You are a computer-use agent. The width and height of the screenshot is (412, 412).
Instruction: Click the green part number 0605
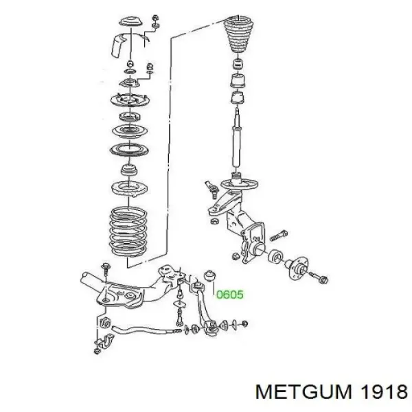coord(230,295)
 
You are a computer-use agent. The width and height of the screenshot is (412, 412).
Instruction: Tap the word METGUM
coord(304,392)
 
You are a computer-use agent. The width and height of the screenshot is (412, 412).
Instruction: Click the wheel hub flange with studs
coord(297,268)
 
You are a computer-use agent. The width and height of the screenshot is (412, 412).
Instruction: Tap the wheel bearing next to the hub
coord(275,257)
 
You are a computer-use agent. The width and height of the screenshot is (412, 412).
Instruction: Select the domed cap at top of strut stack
coord(130,21)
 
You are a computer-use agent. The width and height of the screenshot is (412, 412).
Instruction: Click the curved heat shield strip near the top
coord(117,45)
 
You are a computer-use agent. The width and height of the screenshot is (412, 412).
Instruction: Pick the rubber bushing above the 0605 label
coord(209,276)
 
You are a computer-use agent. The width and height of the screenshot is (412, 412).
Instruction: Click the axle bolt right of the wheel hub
coord(319,277)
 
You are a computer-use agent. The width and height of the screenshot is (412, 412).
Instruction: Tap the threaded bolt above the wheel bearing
coord(279,236)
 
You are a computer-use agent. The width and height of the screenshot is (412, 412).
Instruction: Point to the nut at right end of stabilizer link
coord(244,323)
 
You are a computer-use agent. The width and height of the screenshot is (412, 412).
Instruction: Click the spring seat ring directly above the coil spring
coord(129,189)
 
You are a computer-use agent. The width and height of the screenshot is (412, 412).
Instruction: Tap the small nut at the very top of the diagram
coord(155,18)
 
